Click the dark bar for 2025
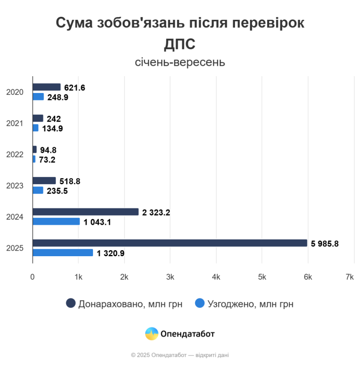[x=170, y=243]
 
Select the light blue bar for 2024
[x=56, y=222]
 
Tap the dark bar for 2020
[x=47, y=87]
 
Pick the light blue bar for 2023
[x=38, y=190]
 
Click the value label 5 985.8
[x=325, y=244]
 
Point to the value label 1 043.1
[x=97, y=222]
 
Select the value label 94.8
[x=48, y=150]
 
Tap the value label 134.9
[x=52, y=128]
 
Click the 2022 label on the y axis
[x=15, y=155]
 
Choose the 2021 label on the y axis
[x=15, y=124]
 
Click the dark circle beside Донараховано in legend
[x=71, y=303]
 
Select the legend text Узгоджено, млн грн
[x=250, y=304]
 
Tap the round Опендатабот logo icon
[x=152, y=334]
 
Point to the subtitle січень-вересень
[x=180, y=62]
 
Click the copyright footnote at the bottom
[x=180, y=355]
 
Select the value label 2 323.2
[x=156, y=212]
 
